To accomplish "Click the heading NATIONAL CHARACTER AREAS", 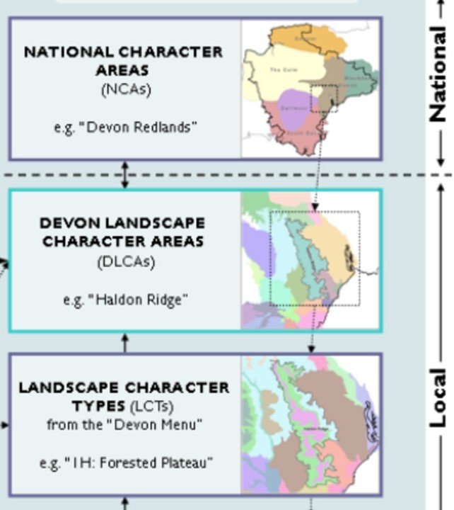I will [x=123, y=61].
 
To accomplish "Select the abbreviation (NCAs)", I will [x=125, y=89].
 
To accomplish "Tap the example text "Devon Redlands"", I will [x=125, y=127].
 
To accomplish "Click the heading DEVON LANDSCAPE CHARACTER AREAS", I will [x=122, y=232].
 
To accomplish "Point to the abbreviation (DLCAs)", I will [x=125, y=261].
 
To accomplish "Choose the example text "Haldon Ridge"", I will [x=125, y=299].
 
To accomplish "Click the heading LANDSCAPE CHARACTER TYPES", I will [x=124, y=397].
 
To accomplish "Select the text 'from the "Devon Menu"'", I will [x=124, y=425].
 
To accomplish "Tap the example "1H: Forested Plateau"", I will [x=125, y=463].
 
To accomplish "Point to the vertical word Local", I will [x=438, y=397].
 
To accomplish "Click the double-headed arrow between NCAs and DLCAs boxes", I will [x=125, y=174].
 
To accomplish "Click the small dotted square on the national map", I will [x=324, y=98].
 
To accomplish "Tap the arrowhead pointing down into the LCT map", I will [x=311, y=348].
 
